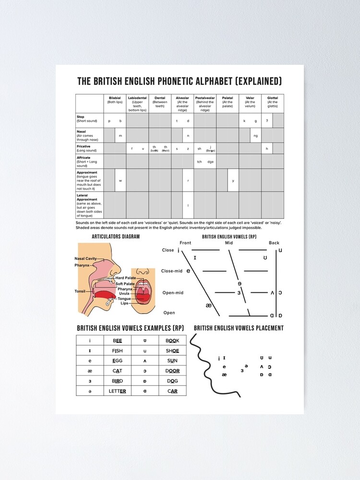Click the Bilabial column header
(115, 100)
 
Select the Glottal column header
(273, 100)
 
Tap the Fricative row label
(84, 146)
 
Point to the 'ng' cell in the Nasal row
(255, 136)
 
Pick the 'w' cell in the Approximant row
(120, 180)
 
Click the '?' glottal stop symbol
(267, 120)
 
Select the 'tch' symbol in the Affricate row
(199, 161)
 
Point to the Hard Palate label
(125, 278)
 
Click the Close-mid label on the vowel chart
(172, 271)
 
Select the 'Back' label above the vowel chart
(274, 243)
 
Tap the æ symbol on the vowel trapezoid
(208, 305)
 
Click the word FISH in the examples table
(118, 351)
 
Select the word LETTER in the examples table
(118, 391)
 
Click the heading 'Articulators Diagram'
(116, 237)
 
